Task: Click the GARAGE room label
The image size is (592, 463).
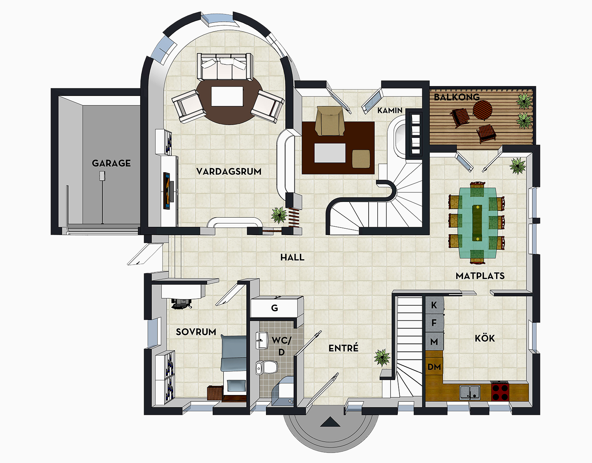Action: pos(111,163)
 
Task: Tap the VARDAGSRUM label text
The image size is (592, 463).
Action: pos(229,171)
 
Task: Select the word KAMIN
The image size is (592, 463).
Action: pos(390,111)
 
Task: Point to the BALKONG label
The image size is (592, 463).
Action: pos(457,97)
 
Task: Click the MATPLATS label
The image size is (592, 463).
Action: pos(480,276)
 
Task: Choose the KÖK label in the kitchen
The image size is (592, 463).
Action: pos(485,338)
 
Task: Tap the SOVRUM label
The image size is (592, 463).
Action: pos(196,332)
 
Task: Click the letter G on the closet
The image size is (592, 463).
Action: pos(275,308)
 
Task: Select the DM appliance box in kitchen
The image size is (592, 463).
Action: pos(434,367)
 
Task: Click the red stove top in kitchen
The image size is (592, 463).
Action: pos(500,392)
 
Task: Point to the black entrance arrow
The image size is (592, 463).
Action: pos(330,423)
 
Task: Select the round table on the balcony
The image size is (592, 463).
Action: pos(482,109)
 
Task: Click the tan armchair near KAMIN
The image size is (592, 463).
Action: pos(329,120)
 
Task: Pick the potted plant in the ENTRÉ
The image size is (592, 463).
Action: pos(382,357)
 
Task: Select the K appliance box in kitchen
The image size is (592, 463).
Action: pos(434,305)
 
